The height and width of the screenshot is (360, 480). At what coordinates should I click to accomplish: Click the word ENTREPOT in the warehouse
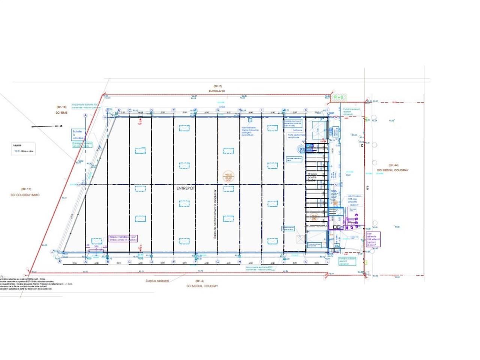186,189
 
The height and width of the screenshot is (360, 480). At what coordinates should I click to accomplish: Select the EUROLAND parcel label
217,91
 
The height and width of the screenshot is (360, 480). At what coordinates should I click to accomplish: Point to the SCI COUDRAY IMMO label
25,195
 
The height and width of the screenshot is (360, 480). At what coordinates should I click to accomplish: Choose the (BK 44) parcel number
393,165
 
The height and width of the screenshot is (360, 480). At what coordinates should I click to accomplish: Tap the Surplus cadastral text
157,280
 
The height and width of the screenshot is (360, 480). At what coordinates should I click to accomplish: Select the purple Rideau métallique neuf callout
123,238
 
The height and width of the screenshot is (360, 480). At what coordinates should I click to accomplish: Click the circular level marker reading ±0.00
228,176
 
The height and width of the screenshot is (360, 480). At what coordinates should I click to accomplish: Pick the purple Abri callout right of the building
373,239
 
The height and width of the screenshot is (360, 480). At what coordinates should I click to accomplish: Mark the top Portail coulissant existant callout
351,111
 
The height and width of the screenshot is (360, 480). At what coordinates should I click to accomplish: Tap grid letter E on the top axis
174,110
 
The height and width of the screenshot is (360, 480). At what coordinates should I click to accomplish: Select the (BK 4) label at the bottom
199,280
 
